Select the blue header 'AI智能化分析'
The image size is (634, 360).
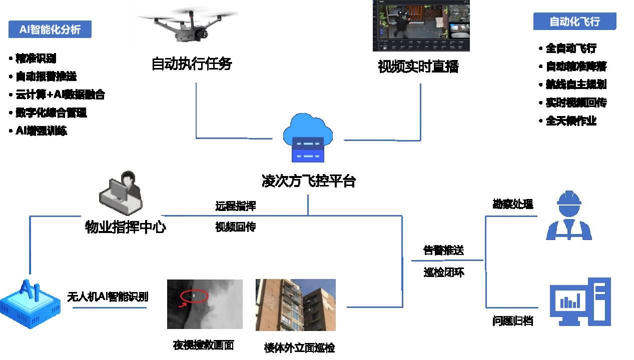(50, 29)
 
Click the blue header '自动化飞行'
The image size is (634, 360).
(574, 21)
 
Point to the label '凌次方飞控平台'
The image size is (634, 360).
(309, 180)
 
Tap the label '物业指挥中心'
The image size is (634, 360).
(126, 227)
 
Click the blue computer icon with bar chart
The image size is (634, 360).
(580, 302)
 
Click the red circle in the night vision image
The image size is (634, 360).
(194, 296)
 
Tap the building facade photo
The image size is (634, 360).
(295, 305)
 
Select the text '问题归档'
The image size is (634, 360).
(513, 321)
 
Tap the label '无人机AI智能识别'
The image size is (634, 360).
(108, 296)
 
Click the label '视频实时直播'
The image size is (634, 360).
(418, 66)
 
